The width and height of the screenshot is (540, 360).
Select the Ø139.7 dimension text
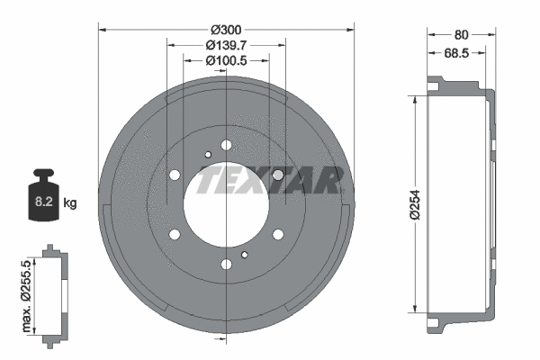pyautogui.click(x=226, y=45)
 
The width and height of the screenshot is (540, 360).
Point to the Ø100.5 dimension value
pyautogui.click(x=226, y=60)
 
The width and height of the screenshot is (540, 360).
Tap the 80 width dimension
pyautogui.click(x=461, y=34)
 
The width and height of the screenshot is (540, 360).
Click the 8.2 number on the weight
pyautogui.click(x=43, y=202)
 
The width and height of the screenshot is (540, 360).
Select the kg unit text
pyautogui.click(x=71, y=203)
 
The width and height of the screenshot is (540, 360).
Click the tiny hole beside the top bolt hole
pyautogui.click(x=207, y=154)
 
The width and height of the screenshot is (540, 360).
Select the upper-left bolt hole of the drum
pyautogui.click(x=175, y=174)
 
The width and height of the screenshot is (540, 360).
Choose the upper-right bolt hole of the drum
pyautogui.click(x=279, y=174)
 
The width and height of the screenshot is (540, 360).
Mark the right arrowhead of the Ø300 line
pyautogui.click(x=352, y=30)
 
